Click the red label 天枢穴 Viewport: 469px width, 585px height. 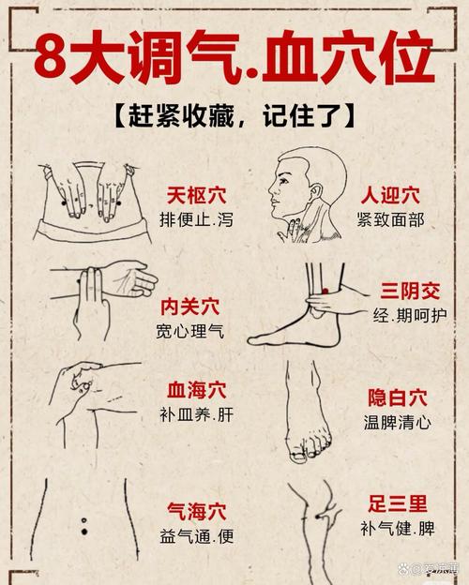tap(197, 196)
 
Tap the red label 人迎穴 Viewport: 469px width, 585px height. tap(389, 196)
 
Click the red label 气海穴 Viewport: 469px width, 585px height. tap(197, 511)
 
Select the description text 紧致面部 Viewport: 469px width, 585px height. tap(389, 220)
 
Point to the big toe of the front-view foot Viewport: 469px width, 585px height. tap(297, 455)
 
